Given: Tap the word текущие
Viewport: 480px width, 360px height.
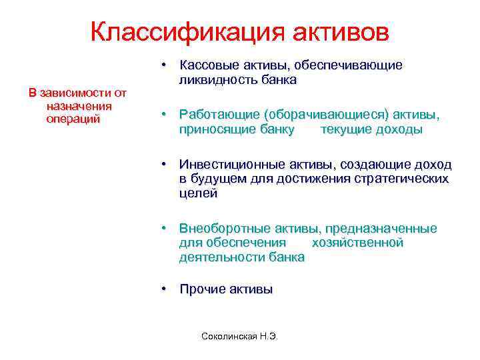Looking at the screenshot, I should (x=345, y=129).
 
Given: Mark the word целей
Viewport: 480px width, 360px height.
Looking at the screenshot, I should (x=198, y=193).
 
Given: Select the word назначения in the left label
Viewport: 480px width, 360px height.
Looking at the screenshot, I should (x=79, y=106).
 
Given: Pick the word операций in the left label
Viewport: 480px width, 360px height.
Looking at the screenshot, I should (x=73, y=119).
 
